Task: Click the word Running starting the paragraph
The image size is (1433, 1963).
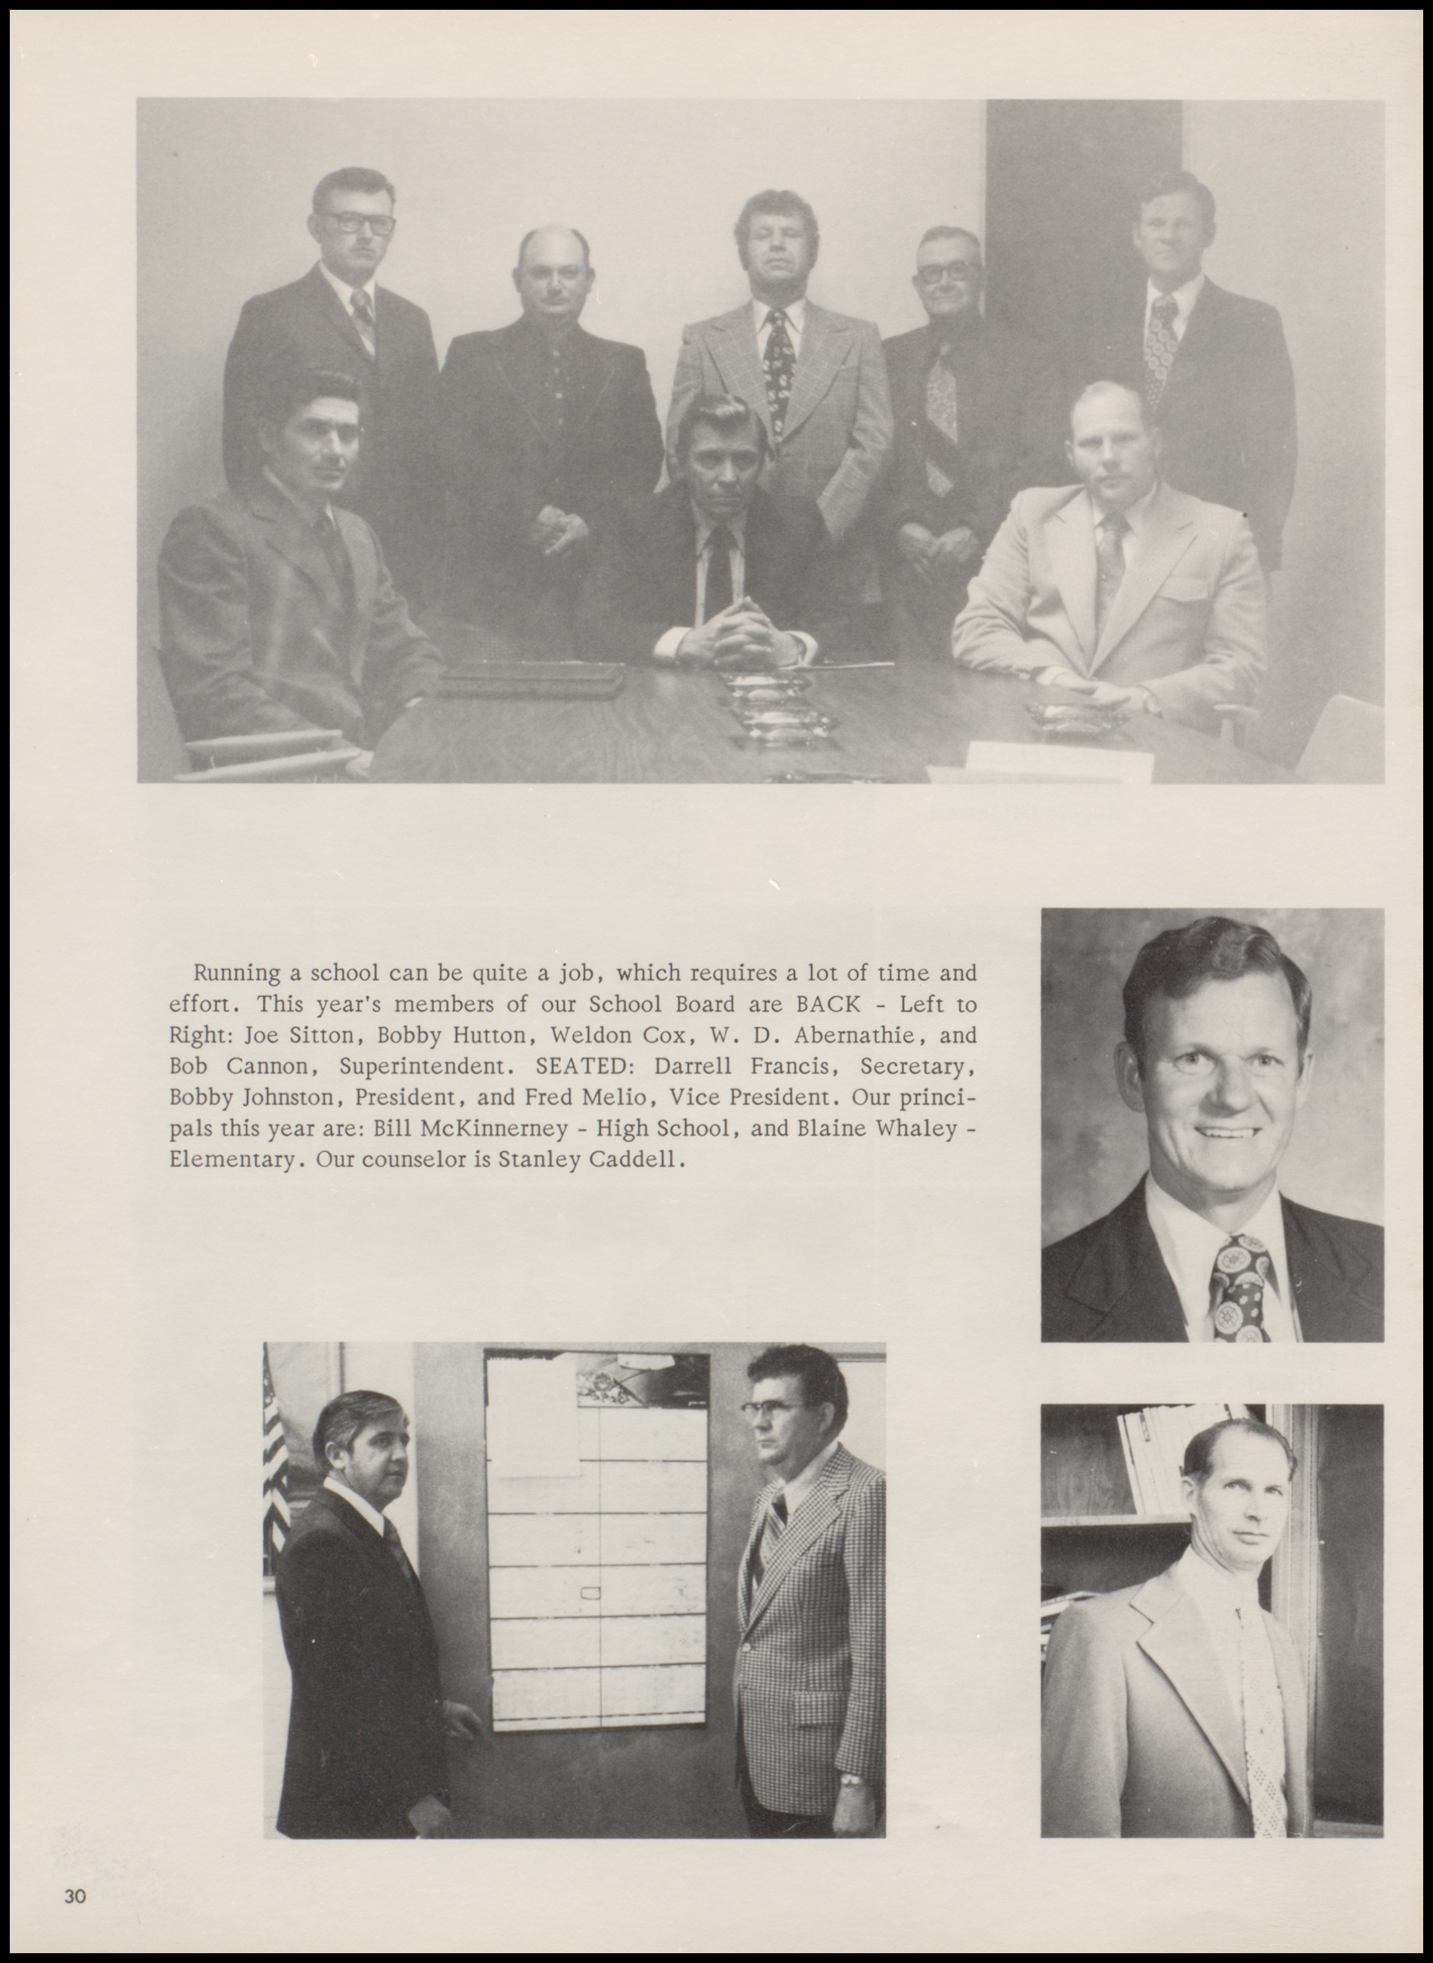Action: pyautogui.click(x=237, y=974)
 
